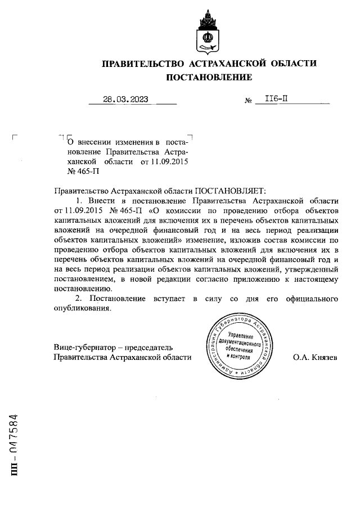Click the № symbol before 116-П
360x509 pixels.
pos(247,102)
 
